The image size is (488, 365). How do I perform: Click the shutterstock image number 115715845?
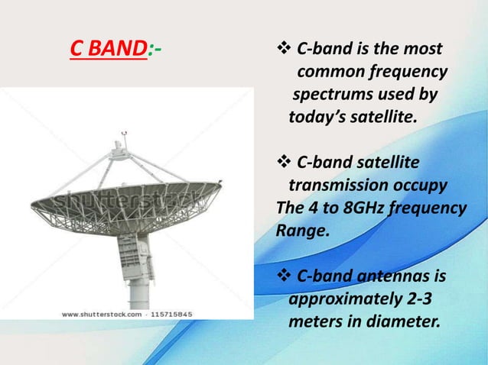coord(166,314)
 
